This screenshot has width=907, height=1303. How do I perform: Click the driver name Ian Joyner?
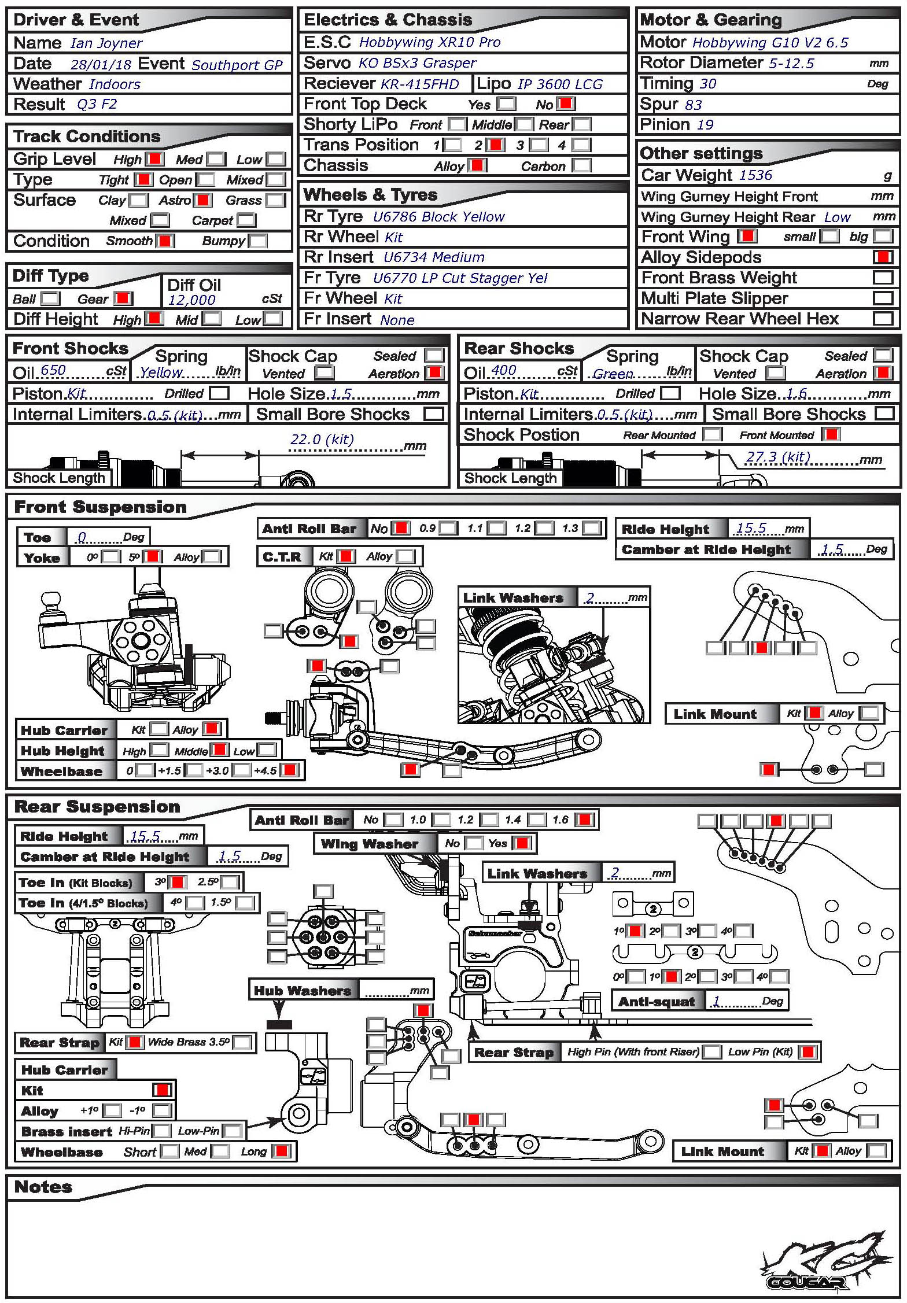tap(106, 43)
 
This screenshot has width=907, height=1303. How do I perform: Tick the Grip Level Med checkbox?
tap(216, 159)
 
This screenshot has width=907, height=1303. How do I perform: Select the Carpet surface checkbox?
tap(245, 220)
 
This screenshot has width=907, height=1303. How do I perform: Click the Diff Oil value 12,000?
tap(191, 300)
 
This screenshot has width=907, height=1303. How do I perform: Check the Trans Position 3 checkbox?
tap(539, 145)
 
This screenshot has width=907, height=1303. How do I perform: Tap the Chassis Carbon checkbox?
tap(581, 166)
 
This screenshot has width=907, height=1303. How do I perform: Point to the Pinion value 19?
tap(705, 125)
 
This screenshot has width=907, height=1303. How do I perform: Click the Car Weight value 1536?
tap(755, 175)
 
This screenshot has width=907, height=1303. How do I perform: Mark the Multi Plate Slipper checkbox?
tap(883, 298)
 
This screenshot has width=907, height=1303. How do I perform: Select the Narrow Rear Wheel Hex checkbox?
tap(883, 319)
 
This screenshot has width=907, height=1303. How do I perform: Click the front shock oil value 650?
tap(53, 370)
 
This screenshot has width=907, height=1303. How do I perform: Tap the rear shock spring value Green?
tap(613, 374)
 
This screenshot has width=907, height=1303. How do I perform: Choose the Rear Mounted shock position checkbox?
tap(712, 435)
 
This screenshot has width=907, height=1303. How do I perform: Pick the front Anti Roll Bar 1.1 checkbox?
tap(495, 528)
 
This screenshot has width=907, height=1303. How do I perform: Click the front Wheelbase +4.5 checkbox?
tap(289, 770)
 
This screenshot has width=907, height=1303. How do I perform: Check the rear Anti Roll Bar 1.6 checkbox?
tap(585, 820)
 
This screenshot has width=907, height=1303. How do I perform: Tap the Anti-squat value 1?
tap(716, 1001)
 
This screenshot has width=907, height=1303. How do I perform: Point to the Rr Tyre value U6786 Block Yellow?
tap(438, 217)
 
